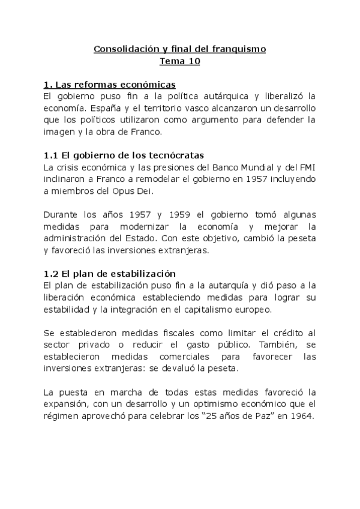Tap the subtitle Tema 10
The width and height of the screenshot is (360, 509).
pyautogui.click(x=180, y=61)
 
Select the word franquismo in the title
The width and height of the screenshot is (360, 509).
pyautogui.click(x=237, y=49)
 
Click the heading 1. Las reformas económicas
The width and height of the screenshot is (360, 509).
pyautogui.click(x=110, y=84)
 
